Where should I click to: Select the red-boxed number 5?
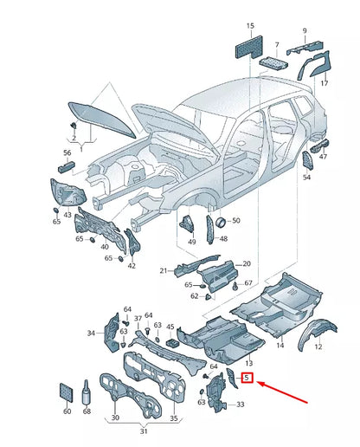pos(247,378)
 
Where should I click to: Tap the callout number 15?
pos(250,27)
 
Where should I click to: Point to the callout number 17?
pos(324,83)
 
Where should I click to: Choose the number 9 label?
pos(304,31)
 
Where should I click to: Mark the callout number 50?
pos(235,221)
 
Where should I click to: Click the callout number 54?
pos(306,178)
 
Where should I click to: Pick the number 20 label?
pos(246,263)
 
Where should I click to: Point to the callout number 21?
pos(163,271)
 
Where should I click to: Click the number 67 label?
pos(247,283)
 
